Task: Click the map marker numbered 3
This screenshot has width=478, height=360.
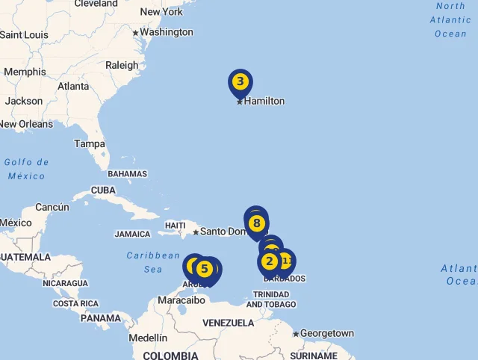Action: click(x=240, y=82)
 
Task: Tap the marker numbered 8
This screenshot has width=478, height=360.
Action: click(x=256, y=223)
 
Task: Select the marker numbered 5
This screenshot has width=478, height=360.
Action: click(x=204, y=269)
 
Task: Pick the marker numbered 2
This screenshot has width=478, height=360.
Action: click(x=269, y=261)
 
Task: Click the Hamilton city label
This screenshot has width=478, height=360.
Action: click(x=264, y=101)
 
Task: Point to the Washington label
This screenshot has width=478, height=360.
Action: click(x=167, y=32)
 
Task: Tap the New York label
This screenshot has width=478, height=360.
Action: click(x=161, y=11)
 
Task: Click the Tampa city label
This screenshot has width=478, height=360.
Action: click(x=89, y=143)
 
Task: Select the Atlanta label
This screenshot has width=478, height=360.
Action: click(x=73, y=86)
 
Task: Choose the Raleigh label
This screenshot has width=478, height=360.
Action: click(x=122, y=65)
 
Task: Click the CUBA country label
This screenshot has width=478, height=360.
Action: click(x=103, y=190)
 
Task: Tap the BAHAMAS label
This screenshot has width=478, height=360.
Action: click(x=127, y=174)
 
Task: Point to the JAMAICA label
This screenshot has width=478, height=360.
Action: click(x=132, y=234)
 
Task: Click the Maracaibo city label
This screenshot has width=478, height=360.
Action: click(x=181, y=300)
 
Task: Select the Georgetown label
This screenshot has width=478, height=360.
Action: click(x=327, y=333)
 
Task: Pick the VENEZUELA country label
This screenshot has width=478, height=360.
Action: click(x=229, y=323)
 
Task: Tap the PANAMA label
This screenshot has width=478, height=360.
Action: click(x=101, y=318)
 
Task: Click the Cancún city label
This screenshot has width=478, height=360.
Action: click(x=52, y=207)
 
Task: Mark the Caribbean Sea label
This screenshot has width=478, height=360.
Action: click(x=153, y=262)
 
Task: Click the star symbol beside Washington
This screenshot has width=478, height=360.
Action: click(x=135, y=33)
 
